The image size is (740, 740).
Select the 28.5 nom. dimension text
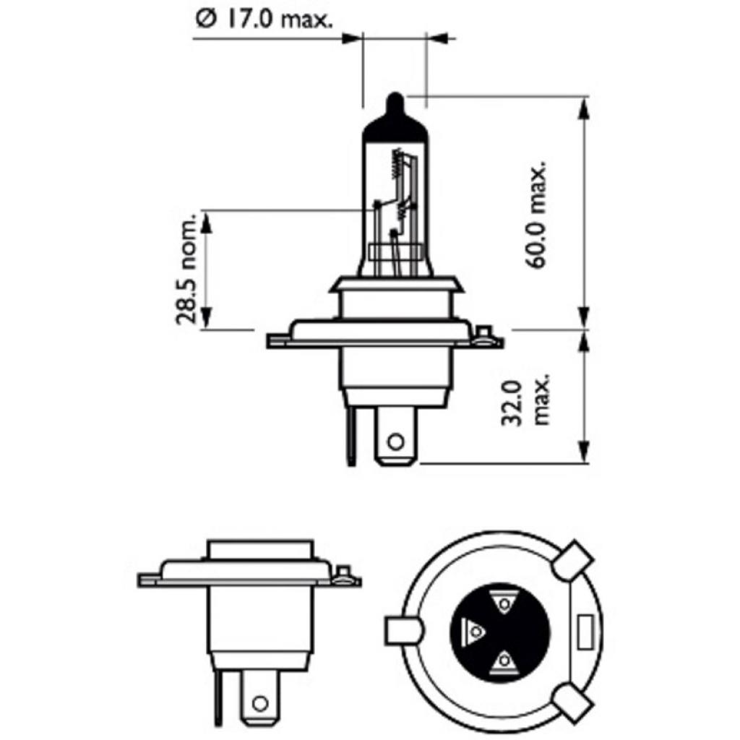tap(187, 270)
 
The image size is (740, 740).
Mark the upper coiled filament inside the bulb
tap(395, 163)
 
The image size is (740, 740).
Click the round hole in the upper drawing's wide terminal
tap(395, 441)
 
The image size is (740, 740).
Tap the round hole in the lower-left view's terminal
tap(260, 702)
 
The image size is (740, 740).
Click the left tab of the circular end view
tap(403, 631)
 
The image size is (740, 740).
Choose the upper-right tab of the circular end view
tap(572, 559)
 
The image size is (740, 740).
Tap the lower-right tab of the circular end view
tap(572, 702)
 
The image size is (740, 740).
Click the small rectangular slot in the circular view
tap(586, 632)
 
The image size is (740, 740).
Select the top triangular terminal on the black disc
tap(503, 602)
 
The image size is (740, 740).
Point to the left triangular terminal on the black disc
tap(474, 632)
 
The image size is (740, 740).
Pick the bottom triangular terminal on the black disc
tap(503, 661)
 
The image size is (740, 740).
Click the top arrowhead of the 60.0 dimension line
tap(584, 105)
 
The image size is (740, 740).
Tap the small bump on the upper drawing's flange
tap(485, 335)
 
